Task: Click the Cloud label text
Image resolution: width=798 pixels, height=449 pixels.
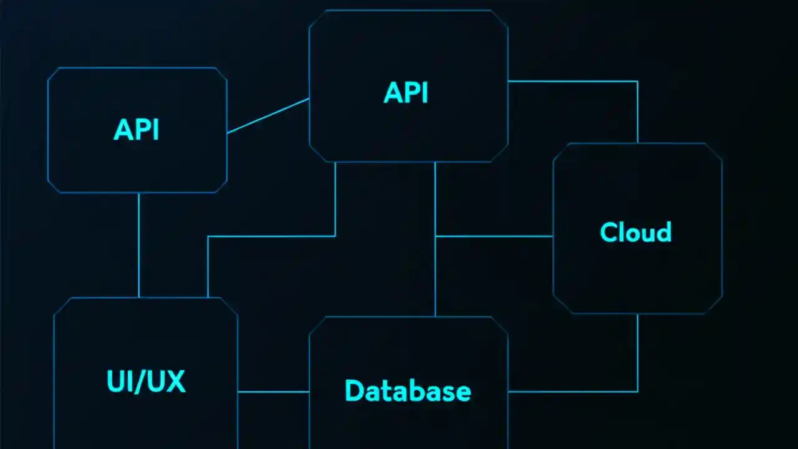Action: [x=635, y=232]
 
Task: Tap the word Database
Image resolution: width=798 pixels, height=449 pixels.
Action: [x=408, y=391]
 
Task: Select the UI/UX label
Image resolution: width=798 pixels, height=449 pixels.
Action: [x=146, y=381]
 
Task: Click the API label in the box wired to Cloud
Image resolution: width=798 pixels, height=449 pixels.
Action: [x=406, y=93]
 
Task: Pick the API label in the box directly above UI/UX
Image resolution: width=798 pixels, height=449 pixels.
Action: [x=136, y=130]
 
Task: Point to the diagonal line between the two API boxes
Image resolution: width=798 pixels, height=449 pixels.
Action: [x=268, y=115]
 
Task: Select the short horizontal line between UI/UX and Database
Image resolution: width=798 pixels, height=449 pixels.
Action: [x=273, y=392]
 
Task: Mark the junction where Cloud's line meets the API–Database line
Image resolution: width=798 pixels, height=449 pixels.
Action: [x=435, y=236]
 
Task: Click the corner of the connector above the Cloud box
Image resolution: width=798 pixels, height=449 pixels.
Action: [x=637, y=81]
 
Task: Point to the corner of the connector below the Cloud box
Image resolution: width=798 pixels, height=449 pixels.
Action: [x=637, y=392]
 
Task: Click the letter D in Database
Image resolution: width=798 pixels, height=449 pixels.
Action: [x=353, y=391]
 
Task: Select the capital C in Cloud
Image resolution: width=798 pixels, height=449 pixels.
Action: [x=608, y=232]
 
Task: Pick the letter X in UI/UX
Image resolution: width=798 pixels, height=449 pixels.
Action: [x=175, y=381]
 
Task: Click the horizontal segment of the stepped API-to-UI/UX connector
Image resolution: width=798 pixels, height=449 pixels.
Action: [x=271, y=236]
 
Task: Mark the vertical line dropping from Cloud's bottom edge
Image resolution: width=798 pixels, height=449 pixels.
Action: [x=637, y=352]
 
